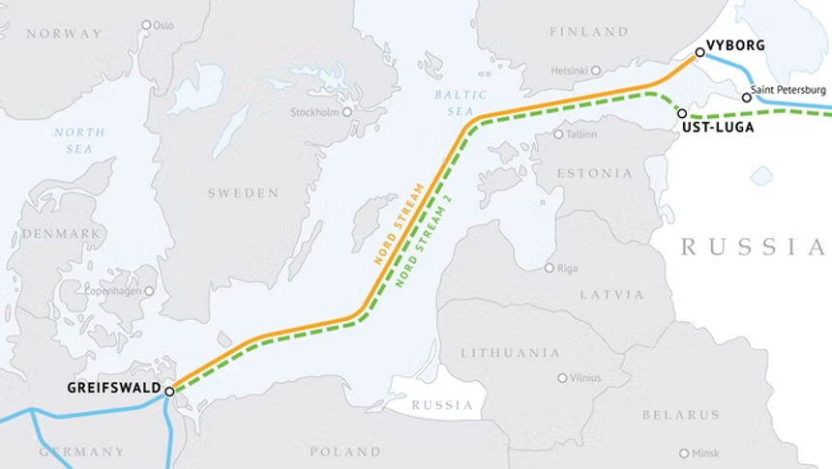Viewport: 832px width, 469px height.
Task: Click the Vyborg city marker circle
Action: click(699, 52)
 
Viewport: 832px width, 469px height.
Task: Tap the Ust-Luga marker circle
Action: click(682, 113)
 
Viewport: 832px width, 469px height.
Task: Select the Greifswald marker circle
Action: click(169, 392)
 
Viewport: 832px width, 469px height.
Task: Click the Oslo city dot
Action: click(146, 25)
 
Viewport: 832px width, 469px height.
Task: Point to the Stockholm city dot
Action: click(346, 112)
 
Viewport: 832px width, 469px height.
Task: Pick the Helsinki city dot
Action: click(596, 70)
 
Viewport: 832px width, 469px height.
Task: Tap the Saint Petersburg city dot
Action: click(746, 98)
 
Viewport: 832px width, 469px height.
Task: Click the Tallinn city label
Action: click(582, 134)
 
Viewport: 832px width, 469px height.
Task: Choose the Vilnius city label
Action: click(585, 378)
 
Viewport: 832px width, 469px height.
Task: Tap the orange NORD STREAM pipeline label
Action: click(398, 223)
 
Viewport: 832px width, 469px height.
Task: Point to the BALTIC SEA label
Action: click(454, 103)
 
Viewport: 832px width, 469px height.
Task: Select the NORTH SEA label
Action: click(74, 140)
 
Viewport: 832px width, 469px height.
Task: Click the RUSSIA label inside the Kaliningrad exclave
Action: click(442, 405)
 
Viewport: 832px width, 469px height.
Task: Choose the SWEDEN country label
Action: click(243, 193)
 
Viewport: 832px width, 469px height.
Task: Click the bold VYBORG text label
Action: click(735, 45)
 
